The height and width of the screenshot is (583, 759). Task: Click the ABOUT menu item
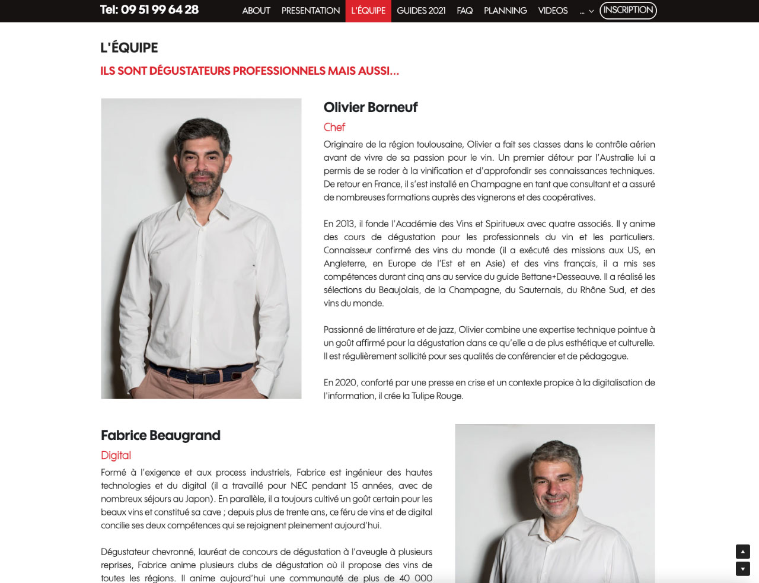(x=256, y=11)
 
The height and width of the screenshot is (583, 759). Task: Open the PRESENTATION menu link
(x=311, y=11)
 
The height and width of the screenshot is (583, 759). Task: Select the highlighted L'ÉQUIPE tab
(x=368, y=11)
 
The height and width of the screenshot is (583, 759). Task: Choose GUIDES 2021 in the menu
(x=421, y=11)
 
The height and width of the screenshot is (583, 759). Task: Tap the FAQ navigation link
(x=465, y=11)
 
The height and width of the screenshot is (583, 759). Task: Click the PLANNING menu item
(x=505, y=11)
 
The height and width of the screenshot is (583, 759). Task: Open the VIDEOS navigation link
(x=553, y=11)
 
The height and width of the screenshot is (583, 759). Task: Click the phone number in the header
(x=149, y=9)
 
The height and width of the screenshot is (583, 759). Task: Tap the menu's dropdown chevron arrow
(x=591, y=11)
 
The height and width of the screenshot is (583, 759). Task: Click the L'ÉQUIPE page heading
(x=129, y=47)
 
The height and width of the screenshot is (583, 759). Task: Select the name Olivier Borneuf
(x=371, y=107)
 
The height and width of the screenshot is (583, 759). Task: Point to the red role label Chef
(x=334, y=127)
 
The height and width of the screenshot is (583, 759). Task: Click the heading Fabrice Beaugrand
(x=161, y=435)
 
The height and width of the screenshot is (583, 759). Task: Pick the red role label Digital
(x=116, y=455)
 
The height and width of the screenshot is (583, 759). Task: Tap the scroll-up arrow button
(x=742, y=552)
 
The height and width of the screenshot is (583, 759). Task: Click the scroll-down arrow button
(x=742, y=569)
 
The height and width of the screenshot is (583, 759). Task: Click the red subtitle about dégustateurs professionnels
(x=250, y=71)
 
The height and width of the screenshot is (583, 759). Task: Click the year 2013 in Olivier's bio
(x=345, y=224)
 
